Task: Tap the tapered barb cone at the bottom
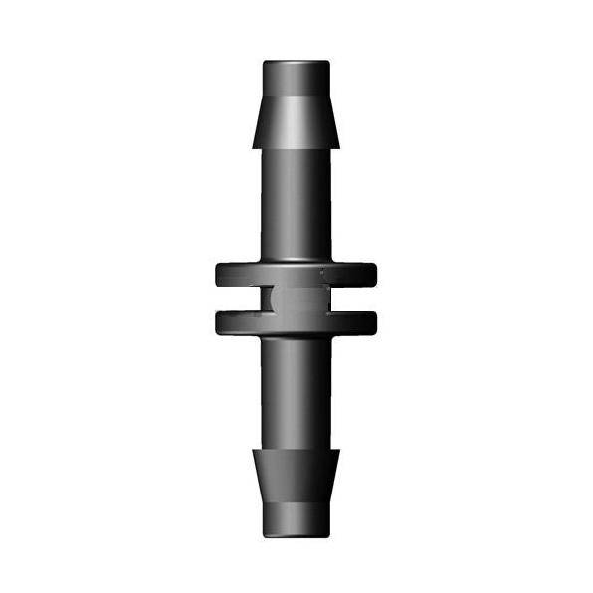(296, 476)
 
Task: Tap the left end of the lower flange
(221, 322)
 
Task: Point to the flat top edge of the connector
(296, 62)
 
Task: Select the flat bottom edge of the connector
(296, 536)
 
